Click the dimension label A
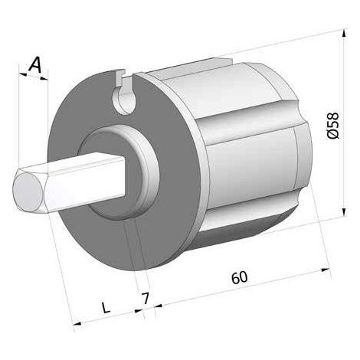[35, 64]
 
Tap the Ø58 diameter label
[333, 126]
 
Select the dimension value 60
[240, 277]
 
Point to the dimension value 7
[145, 299]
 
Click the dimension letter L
[106, 307]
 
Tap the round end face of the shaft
[28, 191]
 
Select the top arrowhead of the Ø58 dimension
[344, 34]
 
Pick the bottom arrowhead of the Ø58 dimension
[344, 211]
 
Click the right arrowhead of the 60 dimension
[325, 270]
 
